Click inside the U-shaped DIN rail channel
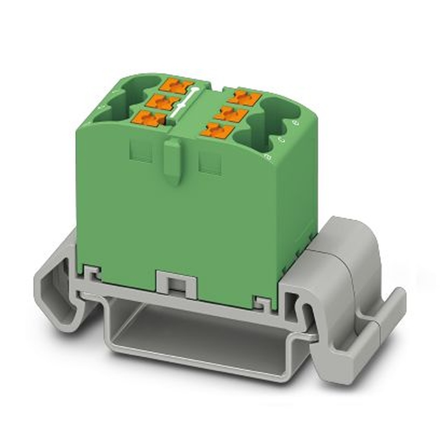[x=198, y=334]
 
